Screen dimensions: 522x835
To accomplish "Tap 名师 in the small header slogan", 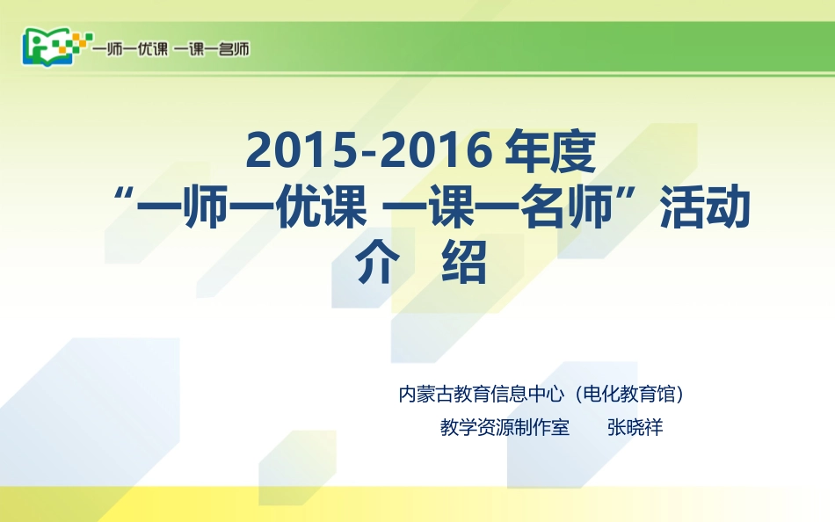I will click(233, 48).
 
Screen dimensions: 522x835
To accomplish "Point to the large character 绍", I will click(463, 263).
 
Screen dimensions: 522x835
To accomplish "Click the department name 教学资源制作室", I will click(505, 428).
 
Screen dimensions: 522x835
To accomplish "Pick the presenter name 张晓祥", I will click(635, 428).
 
